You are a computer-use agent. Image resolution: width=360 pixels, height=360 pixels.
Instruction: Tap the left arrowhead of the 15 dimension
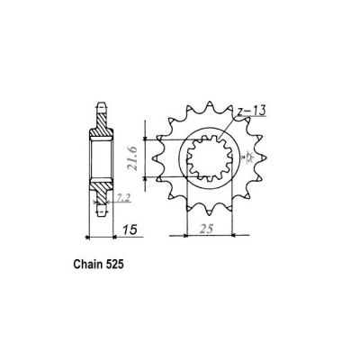pos(86,238)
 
